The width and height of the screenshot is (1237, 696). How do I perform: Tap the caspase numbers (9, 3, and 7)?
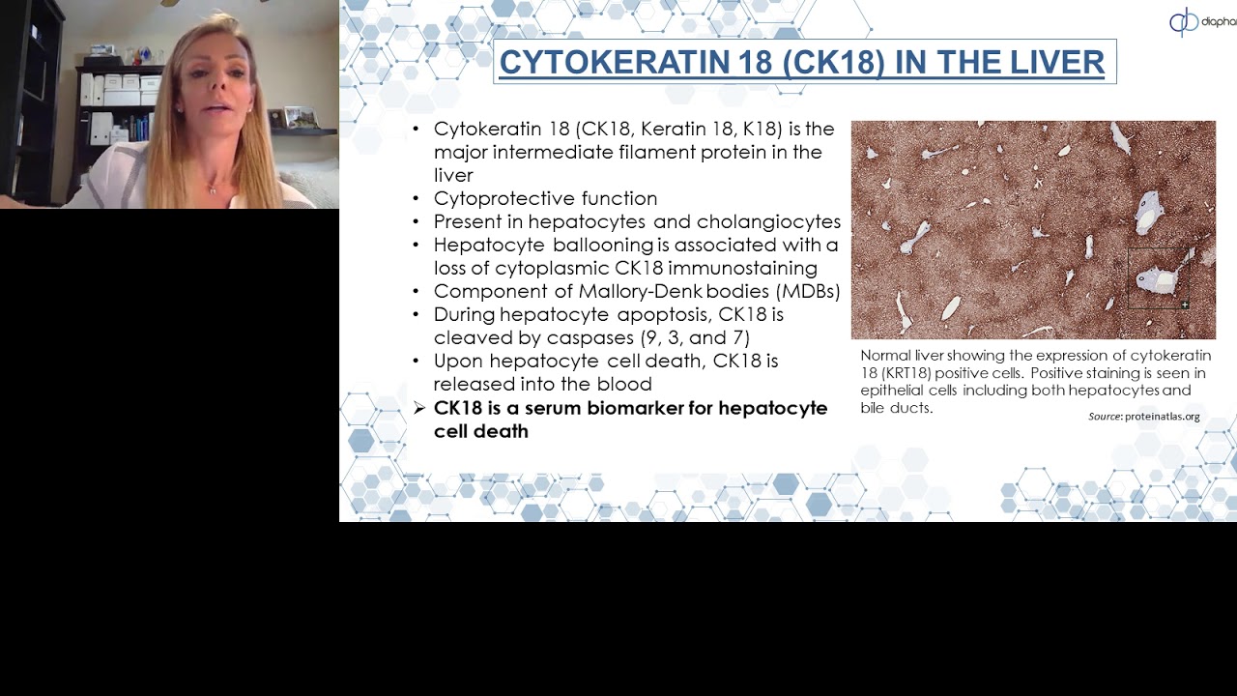coord(695,338)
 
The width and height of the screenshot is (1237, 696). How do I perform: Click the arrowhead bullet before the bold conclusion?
coord(418,409)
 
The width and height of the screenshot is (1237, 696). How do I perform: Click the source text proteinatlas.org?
coord(1162,417)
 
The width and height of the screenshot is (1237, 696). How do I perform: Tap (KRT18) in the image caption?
coord(906,373)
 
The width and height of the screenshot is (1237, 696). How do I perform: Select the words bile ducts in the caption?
coord(896,408)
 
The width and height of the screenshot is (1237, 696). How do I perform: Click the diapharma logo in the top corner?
coord(1201,21)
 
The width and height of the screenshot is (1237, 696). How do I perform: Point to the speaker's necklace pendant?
coord(213,190)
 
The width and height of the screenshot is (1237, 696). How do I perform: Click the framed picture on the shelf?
coord(300,117)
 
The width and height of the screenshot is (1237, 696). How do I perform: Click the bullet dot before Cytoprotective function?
coord(416,199)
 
